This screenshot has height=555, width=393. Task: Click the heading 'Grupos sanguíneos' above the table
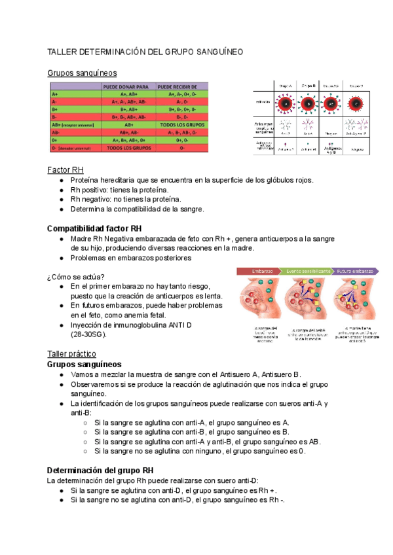pos(83,73)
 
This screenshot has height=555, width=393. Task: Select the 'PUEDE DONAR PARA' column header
pos(129,86)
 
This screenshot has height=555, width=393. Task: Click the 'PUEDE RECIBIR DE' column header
pos(182,86)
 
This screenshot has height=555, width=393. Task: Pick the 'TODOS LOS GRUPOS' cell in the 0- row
pos(129,148)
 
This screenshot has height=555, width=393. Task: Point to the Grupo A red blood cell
pos(285,103)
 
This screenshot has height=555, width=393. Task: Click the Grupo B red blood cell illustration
pos(309,103)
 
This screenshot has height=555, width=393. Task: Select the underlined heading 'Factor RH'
pos(65,170)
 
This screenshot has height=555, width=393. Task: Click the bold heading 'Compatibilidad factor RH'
pos(94,228)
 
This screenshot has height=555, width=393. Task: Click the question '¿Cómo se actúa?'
pos(76,276)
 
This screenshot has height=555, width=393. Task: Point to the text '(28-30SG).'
pos(88,334)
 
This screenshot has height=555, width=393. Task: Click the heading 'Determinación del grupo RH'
pos(101,471)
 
